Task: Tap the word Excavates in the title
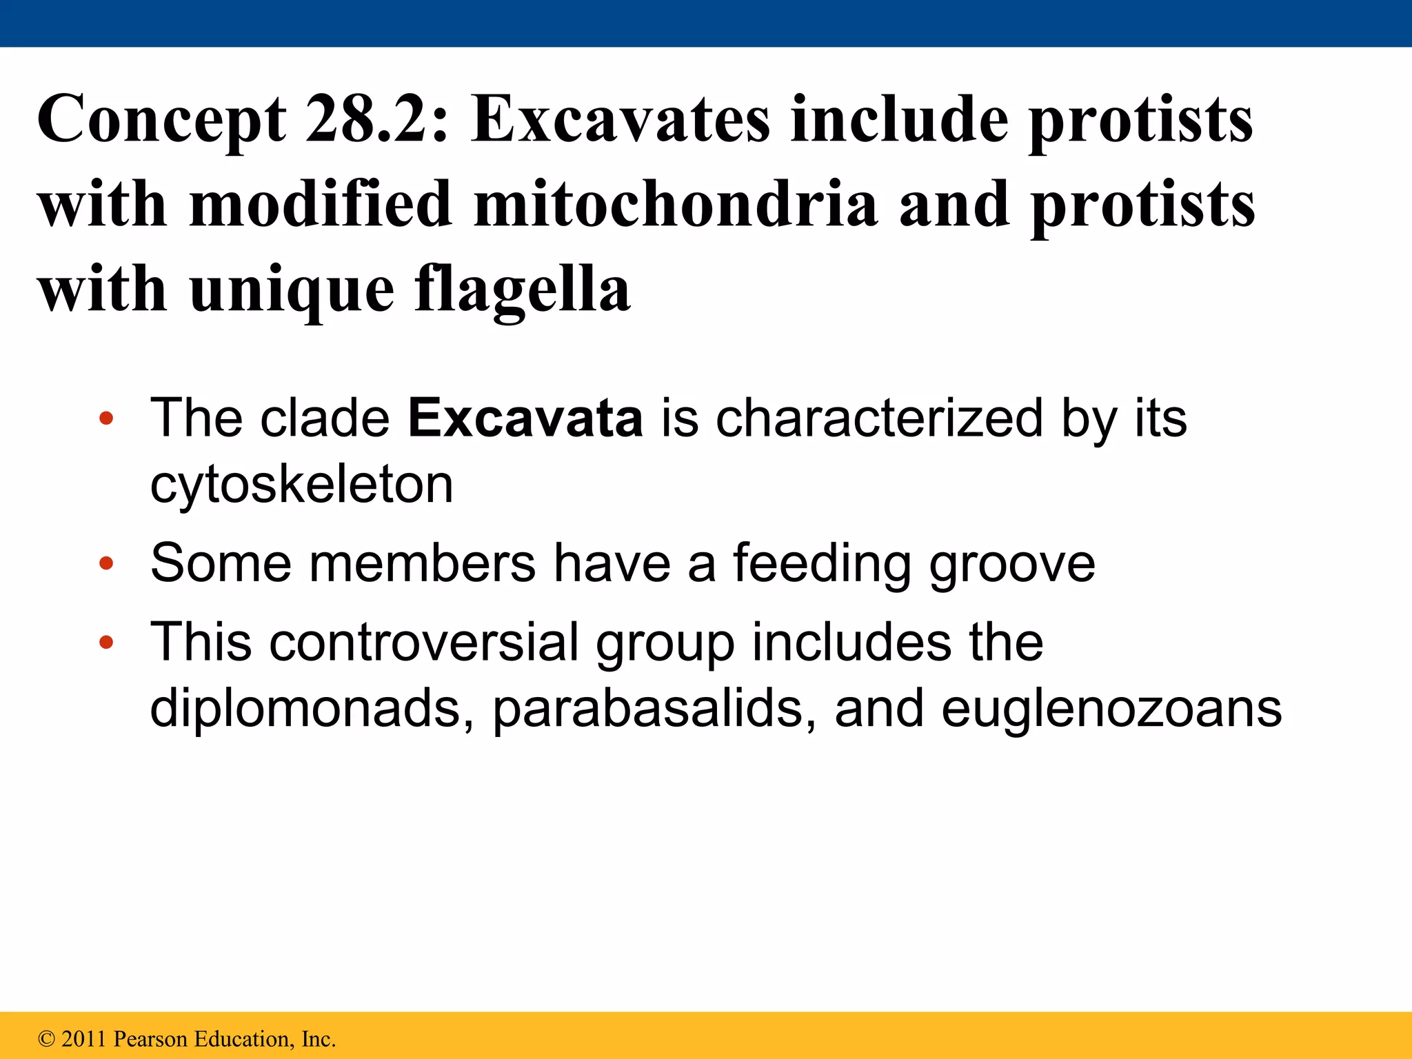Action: [620, 119]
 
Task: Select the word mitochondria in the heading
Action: [676, 204]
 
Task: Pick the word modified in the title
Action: [321, 204]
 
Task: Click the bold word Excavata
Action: [525, 418]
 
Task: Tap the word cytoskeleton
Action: [301, 485]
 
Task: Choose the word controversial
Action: [423, 642]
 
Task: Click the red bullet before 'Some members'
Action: [105, 564]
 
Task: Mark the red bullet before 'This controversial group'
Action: [105, 643]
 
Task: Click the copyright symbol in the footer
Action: [46, 1039]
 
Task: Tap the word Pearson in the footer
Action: [150, 1039]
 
